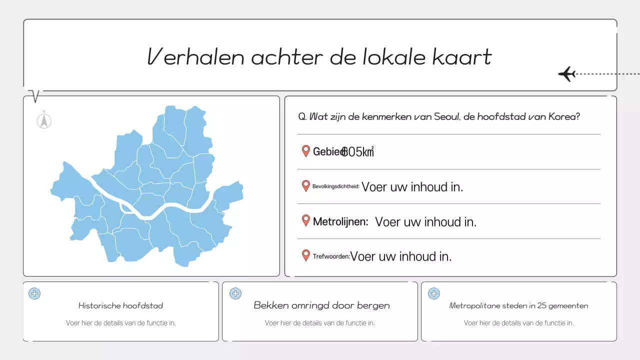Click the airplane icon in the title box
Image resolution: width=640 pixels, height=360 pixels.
566,74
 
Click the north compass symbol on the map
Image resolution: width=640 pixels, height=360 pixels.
44,120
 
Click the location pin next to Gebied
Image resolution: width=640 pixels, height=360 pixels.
306,151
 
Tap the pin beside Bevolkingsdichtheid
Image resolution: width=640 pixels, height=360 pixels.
306,186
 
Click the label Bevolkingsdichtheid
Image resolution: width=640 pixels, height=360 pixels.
335,186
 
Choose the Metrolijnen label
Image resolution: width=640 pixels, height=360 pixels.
340,221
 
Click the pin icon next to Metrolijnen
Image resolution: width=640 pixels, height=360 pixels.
306,220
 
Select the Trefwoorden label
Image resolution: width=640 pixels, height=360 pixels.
331,256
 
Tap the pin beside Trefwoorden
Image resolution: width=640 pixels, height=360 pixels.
306,255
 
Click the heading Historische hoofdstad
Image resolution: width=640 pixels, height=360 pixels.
120,305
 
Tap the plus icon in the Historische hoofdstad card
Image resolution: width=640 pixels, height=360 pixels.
34,293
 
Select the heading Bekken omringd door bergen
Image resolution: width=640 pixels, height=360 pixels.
321,305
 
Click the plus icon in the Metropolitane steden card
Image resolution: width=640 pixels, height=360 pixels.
433,293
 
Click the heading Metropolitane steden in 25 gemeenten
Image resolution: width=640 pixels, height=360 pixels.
518,305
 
